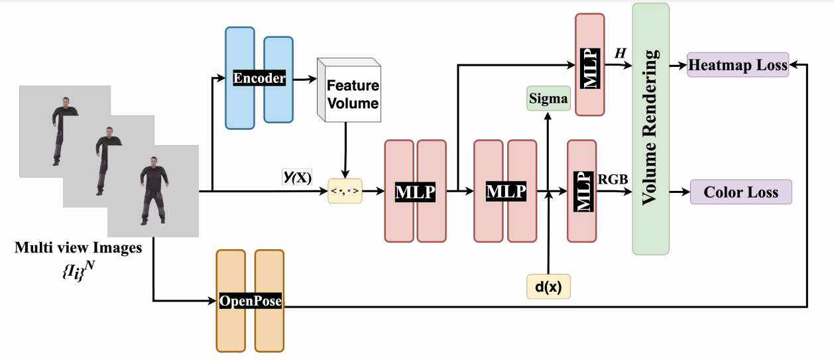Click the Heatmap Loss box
[x=738, y=65]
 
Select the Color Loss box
[x=741, y=192]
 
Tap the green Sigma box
[x=548, y=99]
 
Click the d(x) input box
[x=548, y=286]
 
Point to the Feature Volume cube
[x=349, y=92]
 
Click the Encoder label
[x=259, y=78]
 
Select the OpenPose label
[x=250, y=301]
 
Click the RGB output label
[x=614, y=178]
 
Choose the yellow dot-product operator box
[x=345, y=192]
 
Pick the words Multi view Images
[x=78, y=249]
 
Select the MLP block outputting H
[x=589, y=64]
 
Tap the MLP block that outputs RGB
[x=581, y=190]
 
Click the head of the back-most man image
[x=65, y=101]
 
